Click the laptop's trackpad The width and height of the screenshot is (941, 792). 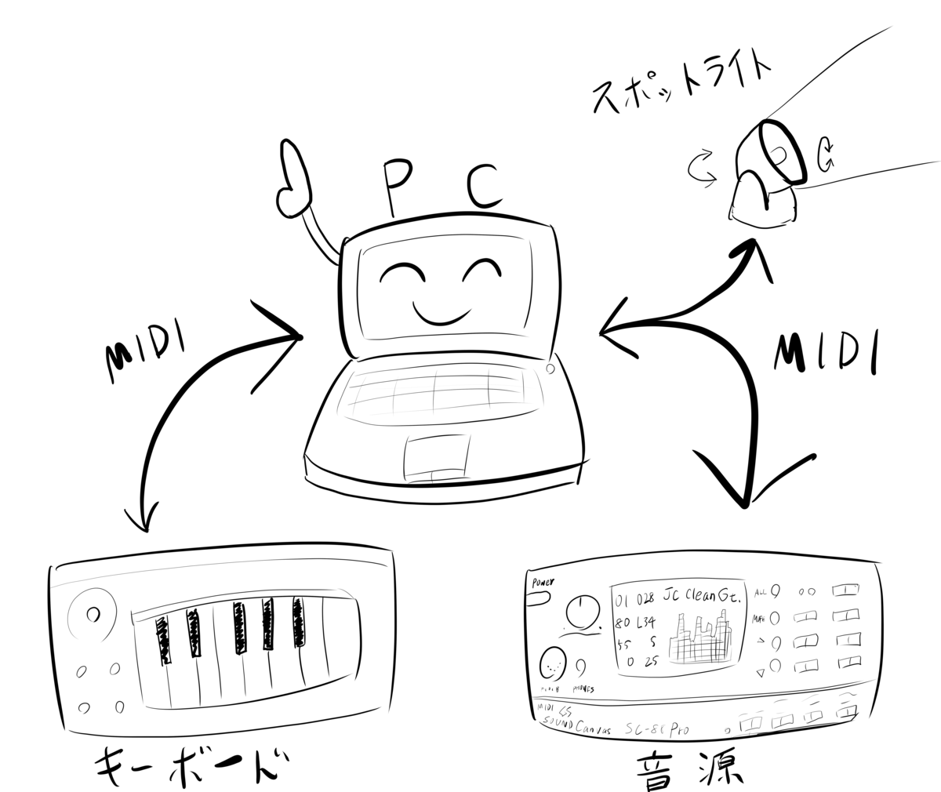click(438, 457)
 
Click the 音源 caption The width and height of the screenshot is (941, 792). click(691, 765)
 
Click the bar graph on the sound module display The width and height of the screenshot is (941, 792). click(700, 639)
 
